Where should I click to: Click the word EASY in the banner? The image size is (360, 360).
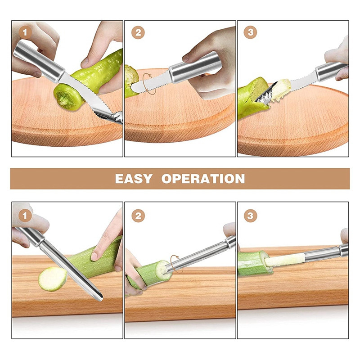(134, 179)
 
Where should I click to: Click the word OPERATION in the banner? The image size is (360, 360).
(203, 179)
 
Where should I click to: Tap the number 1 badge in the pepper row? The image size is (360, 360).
(25, 32)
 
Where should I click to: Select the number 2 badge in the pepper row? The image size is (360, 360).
(138, 32)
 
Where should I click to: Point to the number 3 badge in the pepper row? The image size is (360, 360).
(250, 32)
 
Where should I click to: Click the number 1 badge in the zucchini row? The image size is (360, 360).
(25, 216)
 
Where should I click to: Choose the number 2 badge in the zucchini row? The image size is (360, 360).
(138, 216)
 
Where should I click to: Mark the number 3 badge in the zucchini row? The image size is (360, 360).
(250, 216)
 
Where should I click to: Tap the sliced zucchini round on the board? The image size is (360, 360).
(53, 279)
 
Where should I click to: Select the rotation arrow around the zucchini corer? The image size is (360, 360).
(176, 264)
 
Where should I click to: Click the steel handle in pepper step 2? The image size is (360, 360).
(195, 67)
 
